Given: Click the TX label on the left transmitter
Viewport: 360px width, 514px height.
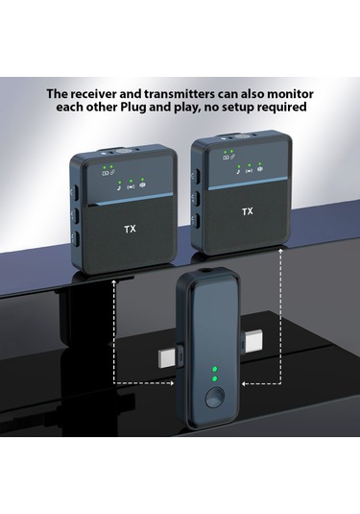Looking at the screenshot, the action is click(130, 229).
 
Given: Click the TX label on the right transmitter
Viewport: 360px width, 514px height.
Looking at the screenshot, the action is click(248, 211).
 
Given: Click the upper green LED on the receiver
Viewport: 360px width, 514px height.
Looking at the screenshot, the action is click(214, 369).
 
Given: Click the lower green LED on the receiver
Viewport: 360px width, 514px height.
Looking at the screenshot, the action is click(214, 379).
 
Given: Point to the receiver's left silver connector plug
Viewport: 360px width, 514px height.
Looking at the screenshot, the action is click(169, 358).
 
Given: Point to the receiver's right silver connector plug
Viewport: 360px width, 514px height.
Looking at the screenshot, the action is click(252, 341).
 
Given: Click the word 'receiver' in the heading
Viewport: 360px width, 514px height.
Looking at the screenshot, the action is click(93, 94).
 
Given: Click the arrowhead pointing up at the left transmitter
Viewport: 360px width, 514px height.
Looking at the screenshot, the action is click(113, 282).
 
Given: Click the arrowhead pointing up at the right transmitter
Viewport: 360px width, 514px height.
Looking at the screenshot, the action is click(280, 251).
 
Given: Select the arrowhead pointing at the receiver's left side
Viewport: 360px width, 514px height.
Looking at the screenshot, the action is click(171, 383).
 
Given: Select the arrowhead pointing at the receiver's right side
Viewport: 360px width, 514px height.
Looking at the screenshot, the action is click(245, 383).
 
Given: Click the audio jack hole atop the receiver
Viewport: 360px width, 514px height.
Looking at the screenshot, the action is click(207, 271).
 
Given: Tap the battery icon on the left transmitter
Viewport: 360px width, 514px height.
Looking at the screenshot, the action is click(106, 173).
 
